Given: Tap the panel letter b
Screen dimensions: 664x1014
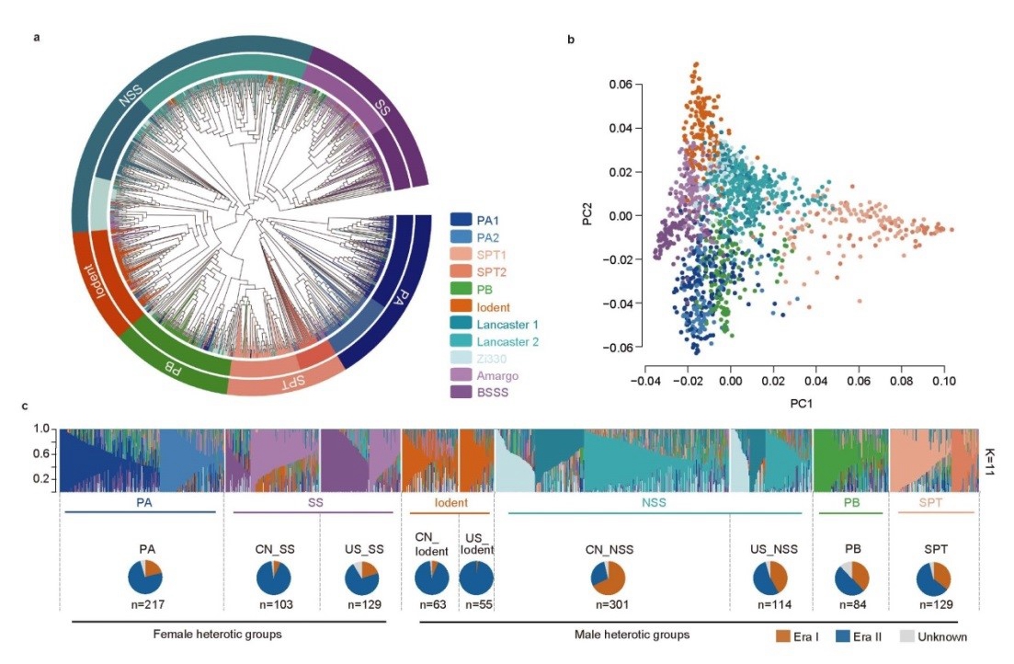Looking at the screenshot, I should click(x=573, y=39).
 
